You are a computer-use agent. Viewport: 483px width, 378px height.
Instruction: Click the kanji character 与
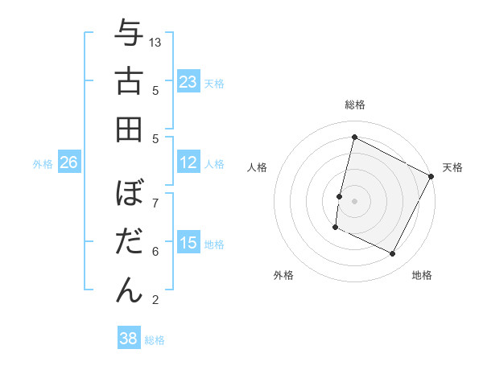[x=128, y=35]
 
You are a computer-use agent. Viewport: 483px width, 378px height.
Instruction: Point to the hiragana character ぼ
[x=128, y=194]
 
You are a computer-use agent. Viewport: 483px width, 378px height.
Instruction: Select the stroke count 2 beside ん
[x=155, y=300]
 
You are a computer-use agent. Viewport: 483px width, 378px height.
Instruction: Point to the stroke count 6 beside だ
[x=155, y=252]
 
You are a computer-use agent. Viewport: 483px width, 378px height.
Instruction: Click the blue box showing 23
[x=188, y=82]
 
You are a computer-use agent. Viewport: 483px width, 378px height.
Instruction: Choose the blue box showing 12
[x=188, y=162]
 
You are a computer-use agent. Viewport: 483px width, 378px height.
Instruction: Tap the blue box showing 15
[x=188, y=243]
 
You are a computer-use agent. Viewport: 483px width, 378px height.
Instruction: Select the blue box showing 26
[x=68, y=162]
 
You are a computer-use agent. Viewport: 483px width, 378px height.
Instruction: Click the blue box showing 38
[x=129, y=339]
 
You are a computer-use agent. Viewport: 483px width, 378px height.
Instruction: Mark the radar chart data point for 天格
[x=431, y=177]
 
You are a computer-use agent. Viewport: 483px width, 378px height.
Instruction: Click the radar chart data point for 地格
[x=393, y=254]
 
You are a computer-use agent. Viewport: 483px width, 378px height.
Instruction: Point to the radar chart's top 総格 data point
[x=354, y=138]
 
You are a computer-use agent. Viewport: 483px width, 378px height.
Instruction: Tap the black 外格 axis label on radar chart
[x=283, y=275]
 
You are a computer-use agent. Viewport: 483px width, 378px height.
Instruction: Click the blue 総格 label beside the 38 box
[x=155, y=340]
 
